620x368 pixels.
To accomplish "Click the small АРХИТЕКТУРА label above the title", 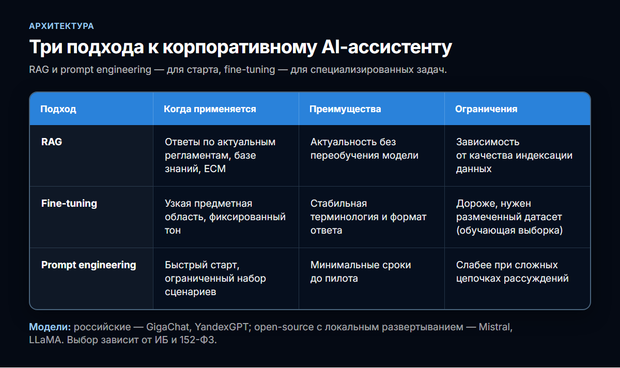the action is tap(61, 26).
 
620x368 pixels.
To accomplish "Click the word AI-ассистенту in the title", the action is tap(386, 47).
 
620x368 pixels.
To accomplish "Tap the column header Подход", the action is tap(58, 109).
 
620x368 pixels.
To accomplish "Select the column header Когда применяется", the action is tap(210, 109).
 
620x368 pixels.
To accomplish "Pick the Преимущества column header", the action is tap(345, 109).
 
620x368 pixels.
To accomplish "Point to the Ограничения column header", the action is tap(486, 109).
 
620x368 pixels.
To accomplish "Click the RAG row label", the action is tap(52, 142).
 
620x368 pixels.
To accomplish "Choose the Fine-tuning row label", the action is tap(69, 204).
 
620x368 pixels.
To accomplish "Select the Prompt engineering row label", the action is tap(88, 265).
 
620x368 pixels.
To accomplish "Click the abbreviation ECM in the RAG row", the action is tap(215, 168).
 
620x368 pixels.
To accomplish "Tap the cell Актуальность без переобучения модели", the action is tap(364, 149).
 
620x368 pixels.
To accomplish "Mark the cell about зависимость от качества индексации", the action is tap(514, 156).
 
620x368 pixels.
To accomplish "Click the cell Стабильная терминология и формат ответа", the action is tap(368, 217).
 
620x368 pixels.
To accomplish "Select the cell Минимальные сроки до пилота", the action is tap(361, 272).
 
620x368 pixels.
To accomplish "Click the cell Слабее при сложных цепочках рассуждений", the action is tap(513, 272).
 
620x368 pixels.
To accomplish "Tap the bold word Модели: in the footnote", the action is tap(50, 327).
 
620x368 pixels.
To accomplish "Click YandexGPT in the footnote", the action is tap(222, 327).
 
